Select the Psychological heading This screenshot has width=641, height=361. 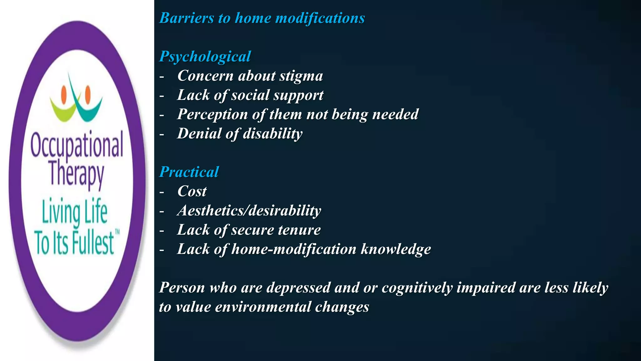[x=205, y=57]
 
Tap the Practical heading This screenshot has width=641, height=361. [x=189, y=172]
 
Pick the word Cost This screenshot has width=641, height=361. [x=192, y=191]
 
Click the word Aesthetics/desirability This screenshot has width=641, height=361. [x=249, y=211]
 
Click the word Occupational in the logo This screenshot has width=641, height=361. [x=77, y=146]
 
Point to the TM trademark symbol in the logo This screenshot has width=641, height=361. [x=117, y=232]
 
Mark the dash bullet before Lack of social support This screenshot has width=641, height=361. [x=162, y=96]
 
